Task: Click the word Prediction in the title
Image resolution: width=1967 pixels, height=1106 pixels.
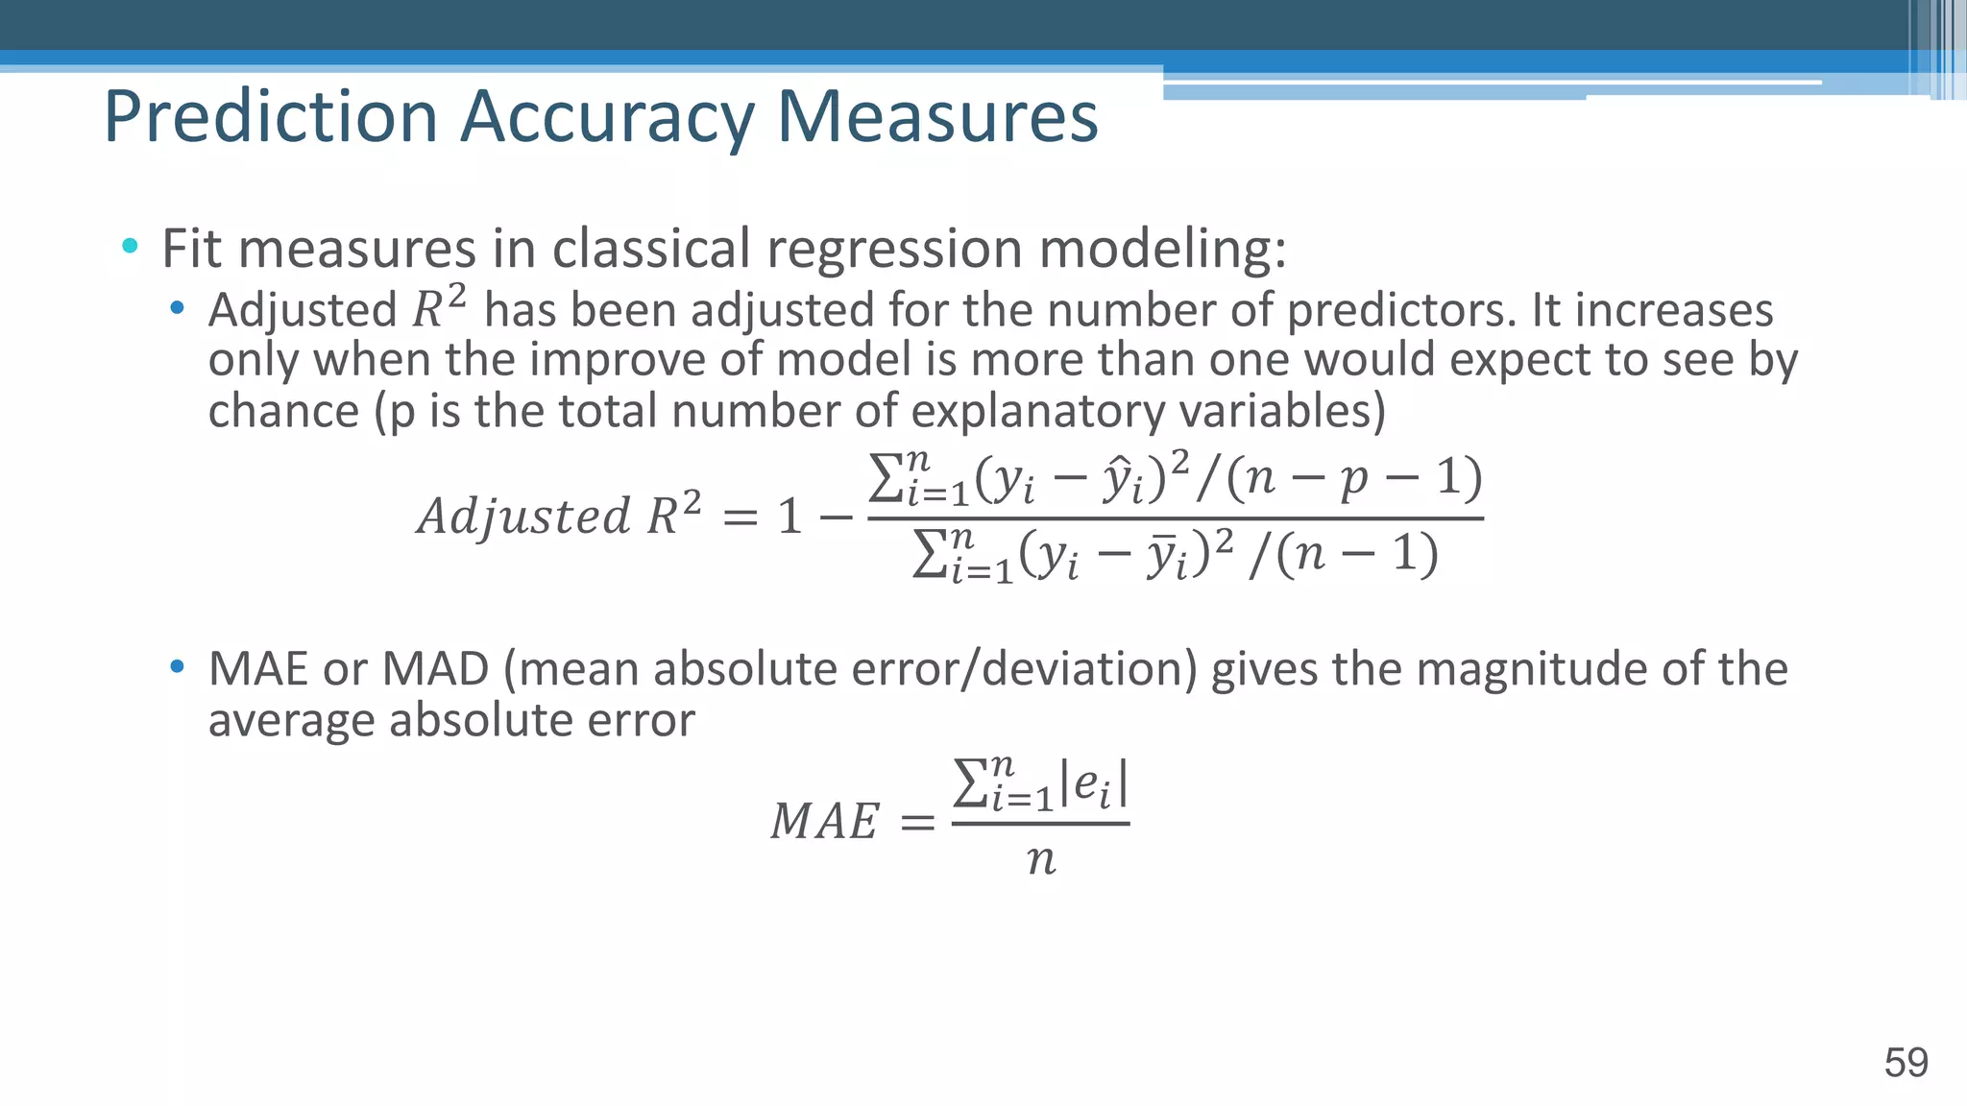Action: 271,117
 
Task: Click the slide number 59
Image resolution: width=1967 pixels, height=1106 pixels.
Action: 1906,1063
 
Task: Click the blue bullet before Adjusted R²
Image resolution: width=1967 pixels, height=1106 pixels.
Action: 177,308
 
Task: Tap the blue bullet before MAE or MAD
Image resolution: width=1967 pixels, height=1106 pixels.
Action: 177,666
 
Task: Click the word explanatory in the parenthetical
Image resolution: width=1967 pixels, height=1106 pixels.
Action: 1037,411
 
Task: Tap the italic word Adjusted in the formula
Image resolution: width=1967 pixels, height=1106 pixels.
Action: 523,516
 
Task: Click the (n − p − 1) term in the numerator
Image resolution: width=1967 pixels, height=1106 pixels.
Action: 1354,477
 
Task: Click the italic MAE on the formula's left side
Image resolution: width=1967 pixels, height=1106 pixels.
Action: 824,822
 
